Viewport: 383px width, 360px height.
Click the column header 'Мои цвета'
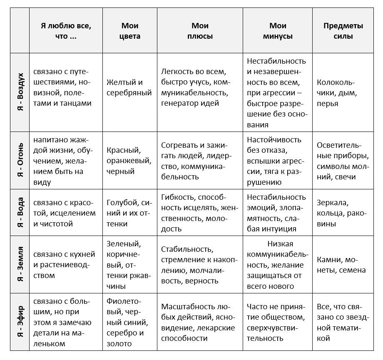[130, 31]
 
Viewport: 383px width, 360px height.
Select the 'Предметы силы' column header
[343, 31]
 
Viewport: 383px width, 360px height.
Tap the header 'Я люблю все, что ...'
[66, 31]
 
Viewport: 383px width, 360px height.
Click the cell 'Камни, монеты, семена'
[341, 265]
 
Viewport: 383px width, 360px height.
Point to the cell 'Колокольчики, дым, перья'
[337, 92]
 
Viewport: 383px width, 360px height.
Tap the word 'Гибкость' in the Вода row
[178, 196]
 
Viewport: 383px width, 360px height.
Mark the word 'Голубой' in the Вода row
[122, 202]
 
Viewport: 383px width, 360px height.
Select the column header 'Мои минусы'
[277, 31]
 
